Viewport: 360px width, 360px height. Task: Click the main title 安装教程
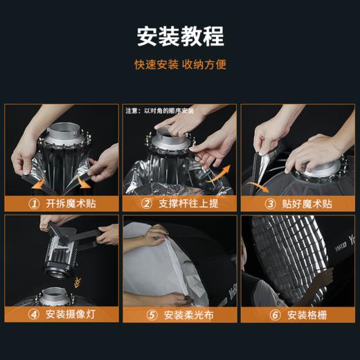pos(180,35)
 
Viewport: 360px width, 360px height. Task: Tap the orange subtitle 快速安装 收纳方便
pos(180,65)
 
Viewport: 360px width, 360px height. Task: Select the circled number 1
pos(33,204)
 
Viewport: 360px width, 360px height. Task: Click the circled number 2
pos(146,204)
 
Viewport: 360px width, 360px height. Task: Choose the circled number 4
pos(33,315)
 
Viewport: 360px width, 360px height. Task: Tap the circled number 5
pos(151,315)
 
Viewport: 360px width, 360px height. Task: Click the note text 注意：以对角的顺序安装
pos(159,110)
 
